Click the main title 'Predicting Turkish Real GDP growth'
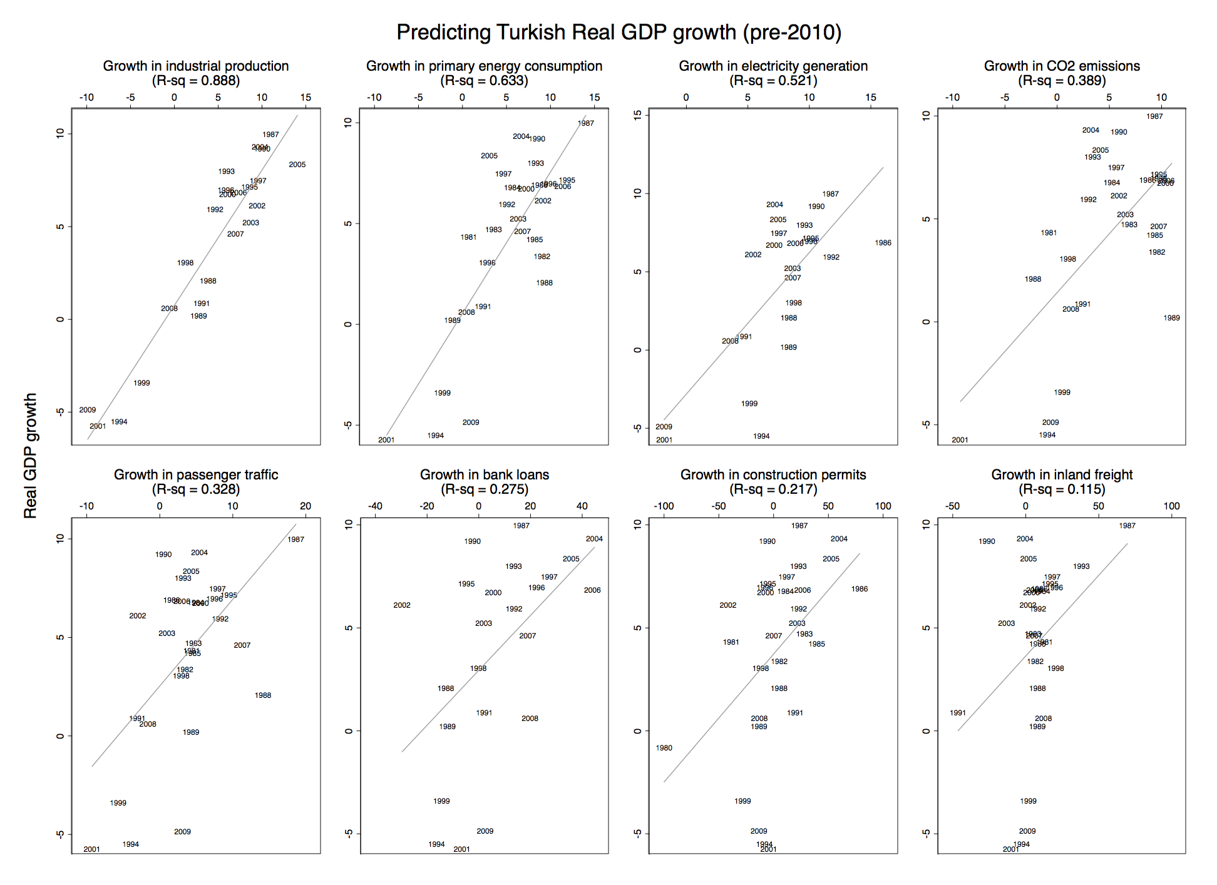619,33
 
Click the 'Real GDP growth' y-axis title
30,456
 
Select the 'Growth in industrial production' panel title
196,66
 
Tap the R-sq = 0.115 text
1062,489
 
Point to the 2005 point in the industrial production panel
297,165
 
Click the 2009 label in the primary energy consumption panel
471,422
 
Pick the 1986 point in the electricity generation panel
883,243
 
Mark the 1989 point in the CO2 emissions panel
1172,318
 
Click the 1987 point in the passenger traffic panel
296,540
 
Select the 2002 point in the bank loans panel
402,605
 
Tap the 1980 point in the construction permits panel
664,748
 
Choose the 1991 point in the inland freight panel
958,713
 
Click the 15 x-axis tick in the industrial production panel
306,98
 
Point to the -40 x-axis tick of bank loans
375,506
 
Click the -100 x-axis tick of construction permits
664,506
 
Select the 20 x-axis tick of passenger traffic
306,506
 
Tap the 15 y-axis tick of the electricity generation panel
638,115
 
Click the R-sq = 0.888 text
196,81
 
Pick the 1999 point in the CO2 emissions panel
1062,392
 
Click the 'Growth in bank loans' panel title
485,474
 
